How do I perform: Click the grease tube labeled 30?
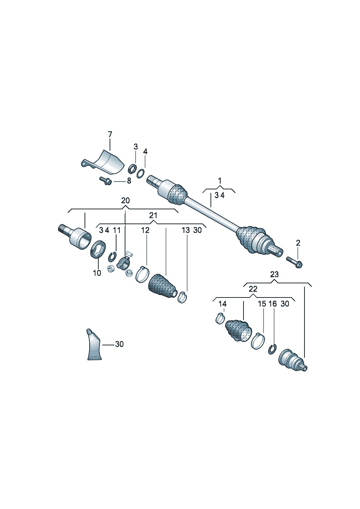(94, 345)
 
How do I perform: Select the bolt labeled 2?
(294, 262)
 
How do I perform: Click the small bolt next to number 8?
(105, 180)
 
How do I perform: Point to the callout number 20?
(125, 201)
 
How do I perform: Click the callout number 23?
(274, 274)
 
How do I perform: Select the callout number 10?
(97, 273)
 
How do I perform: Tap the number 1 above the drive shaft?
(220, 180)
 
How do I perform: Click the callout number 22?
(253, 289)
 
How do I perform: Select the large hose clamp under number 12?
(143, 274)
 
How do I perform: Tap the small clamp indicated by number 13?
(182, 297)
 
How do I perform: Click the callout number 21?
(153, 215)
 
